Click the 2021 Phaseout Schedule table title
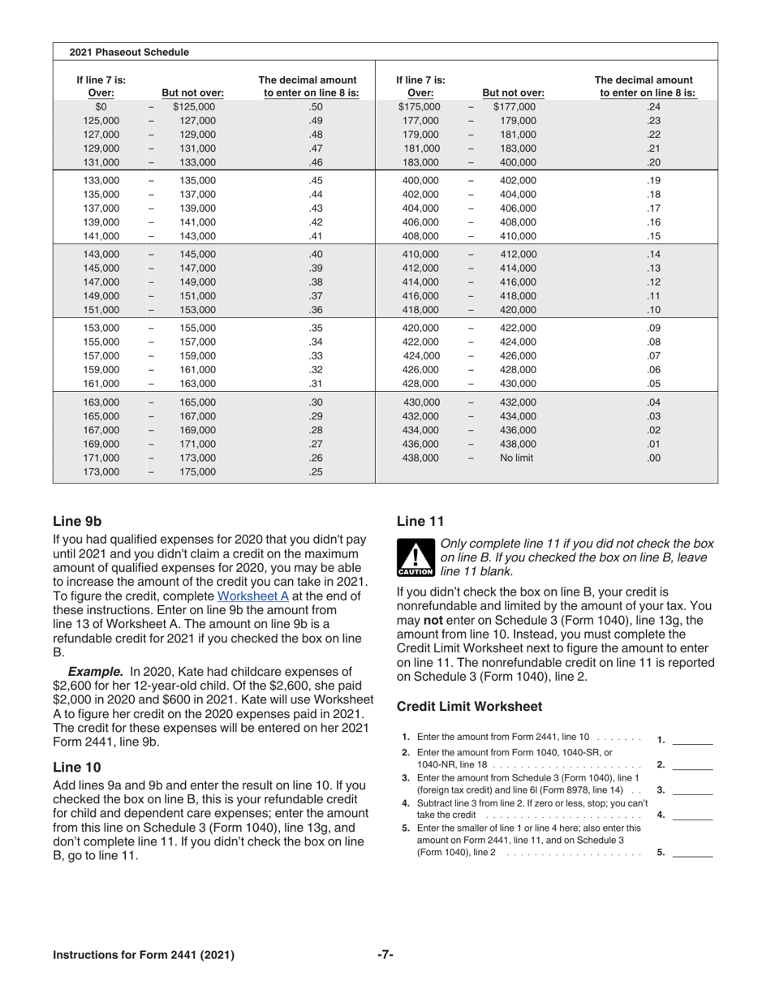[129, 52]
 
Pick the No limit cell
[517, 458]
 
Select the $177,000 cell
[515, 106]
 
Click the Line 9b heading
[77, 521]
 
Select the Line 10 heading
[77, 767]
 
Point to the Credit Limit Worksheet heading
[469, 707]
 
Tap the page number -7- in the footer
[385, 955]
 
